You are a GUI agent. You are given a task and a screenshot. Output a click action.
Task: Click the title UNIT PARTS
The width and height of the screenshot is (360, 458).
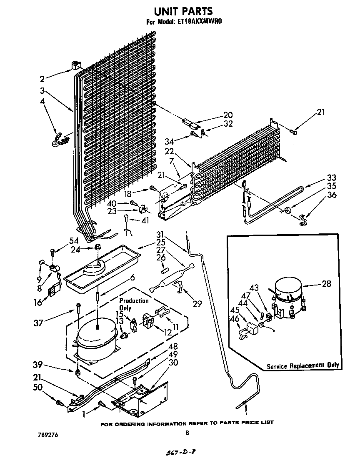tap(180, 11)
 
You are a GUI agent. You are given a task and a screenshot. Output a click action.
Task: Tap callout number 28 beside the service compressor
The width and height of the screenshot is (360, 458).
tap(326, 284)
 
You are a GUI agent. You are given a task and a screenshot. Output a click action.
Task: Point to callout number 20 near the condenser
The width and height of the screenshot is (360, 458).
tap(228, 115)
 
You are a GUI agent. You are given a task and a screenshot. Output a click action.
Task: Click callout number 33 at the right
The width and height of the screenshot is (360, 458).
tap(331, 178)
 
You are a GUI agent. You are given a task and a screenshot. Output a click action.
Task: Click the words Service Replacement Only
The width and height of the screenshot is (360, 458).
tap(303, 365)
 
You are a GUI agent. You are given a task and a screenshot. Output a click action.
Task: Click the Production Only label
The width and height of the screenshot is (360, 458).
tap(133, 304)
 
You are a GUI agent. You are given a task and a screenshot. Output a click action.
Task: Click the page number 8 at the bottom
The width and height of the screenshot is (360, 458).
tap(187, 433)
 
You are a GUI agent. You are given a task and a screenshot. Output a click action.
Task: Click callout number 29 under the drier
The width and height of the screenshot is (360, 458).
tap(197, 304)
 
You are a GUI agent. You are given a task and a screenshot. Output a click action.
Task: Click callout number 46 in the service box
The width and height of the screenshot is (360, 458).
tap(235, 320)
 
